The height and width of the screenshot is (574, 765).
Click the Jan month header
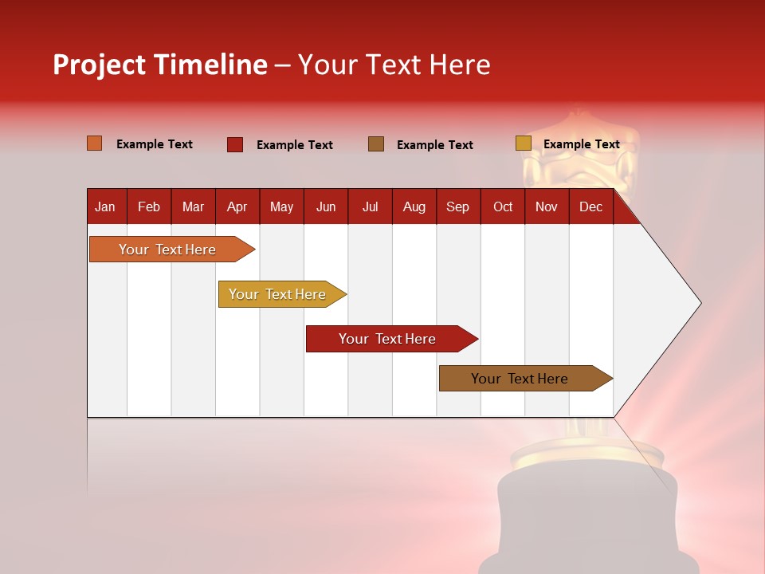(105, 206)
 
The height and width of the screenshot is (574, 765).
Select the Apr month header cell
(237, 206)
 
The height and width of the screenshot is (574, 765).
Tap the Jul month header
(370, 206)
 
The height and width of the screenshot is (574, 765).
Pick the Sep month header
(457, 206)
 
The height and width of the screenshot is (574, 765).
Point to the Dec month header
(590, 206)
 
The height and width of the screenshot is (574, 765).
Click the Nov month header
(546, 206)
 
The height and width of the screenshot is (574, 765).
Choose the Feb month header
(149, 206)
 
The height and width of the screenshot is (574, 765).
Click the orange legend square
(94, 143)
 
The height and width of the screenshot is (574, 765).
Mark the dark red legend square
(235, 144)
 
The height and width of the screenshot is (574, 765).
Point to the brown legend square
(376, 143)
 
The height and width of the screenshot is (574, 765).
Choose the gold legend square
(523, 143)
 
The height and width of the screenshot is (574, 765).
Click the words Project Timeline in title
(159, 65)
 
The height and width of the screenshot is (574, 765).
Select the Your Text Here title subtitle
(394, 65)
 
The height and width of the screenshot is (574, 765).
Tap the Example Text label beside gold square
(581, 144)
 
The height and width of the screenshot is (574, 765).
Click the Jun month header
(325, 206)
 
